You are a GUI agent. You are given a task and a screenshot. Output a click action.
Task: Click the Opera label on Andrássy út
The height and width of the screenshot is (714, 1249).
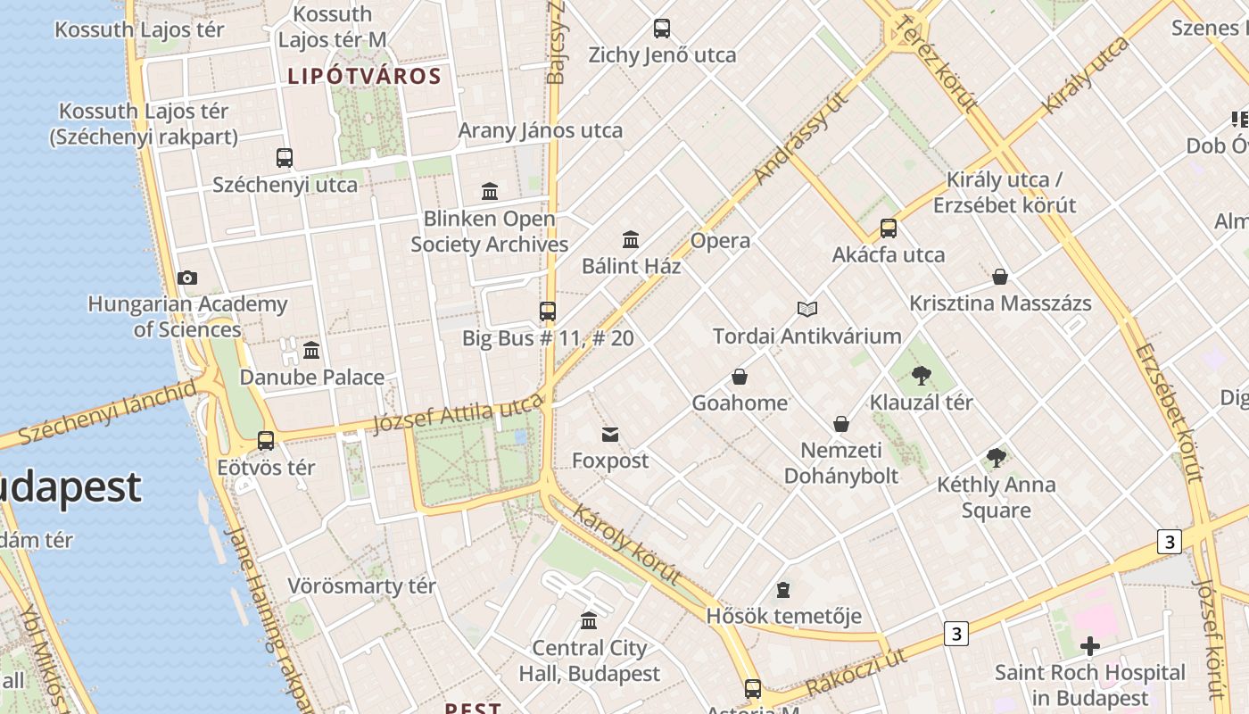pyautogui.click(x=720, y=241)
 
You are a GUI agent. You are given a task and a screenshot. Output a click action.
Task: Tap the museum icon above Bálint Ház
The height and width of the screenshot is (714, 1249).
pyautogui.click(x=631, y=239)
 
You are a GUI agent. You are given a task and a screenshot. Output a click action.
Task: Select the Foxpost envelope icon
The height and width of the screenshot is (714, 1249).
pyautogui.click(x=610, y=435)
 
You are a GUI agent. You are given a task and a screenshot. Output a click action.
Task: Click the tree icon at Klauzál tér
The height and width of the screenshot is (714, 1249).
pyautogui.click(x=922, y=376)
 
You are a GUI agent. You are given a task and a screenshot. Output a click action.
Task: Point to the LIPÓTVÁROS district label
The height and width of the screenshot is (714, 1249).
pyautogui.click(x=365, y=77)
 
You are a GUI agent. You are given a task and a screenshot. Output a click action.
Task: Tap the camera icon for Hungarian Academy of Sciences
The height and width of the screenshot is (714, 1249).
pyautogui.click(x=187, y=278)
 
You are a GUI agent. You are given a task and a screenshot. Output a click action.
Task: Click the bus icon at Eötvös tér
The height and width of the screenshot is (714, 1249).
pyautogui.click(x=266, y=440)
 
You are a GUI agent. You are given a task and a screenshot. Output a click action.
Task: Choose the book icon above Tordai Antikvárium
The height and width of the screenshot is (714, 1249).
pyautogui.click(x=807, y=309)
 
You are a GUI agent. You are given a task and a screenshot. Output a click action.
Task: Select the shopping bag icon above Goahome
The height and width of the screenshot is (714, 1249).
pyautogui.click(x=740, y=377)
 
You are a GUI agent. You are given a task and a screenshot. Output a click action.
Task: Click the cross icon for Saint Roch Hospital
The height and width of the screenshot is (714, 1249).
pyautogui.click(x=1089, y=645)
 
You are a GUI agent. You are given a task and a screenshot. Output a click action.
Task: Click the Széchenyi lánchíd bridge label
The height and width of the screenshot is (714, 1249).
pyautogui.click(x=107, y=412)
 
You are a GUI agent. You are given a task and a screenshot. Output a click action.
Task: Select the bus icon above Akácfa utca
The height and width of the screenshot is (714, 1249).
pyautogui.click(x=889, y=228)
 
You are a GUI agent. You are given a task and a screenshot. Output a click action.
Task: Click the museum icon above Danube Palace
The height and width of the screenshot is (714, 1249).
pyautogui.click(x=311, y=351)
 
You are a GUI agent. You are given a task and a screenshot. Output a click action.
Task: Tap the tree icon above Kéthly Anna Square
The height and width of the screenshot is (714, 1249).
pyautogui.click(x=997, y=459)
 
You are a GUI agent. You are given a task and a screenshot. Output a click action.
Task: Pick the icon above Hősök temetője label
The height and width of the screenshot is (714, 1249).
pyautogui.click(x=783, y=590)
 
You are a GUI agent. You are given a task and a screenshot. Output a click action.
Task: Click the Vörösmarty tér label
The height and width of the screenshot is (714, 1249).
pyautogui.click(x=361, y=586)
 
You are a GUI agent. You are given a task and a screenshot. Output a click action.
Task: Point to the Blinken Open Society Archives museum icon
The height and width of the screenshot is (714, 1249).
pyautogui.click(x=489, y=192)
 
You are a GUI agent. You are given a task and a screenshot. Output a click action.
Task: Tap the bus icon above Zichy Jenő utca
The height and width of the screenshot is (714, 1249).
pyautogui.click(x=662, y=29)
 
